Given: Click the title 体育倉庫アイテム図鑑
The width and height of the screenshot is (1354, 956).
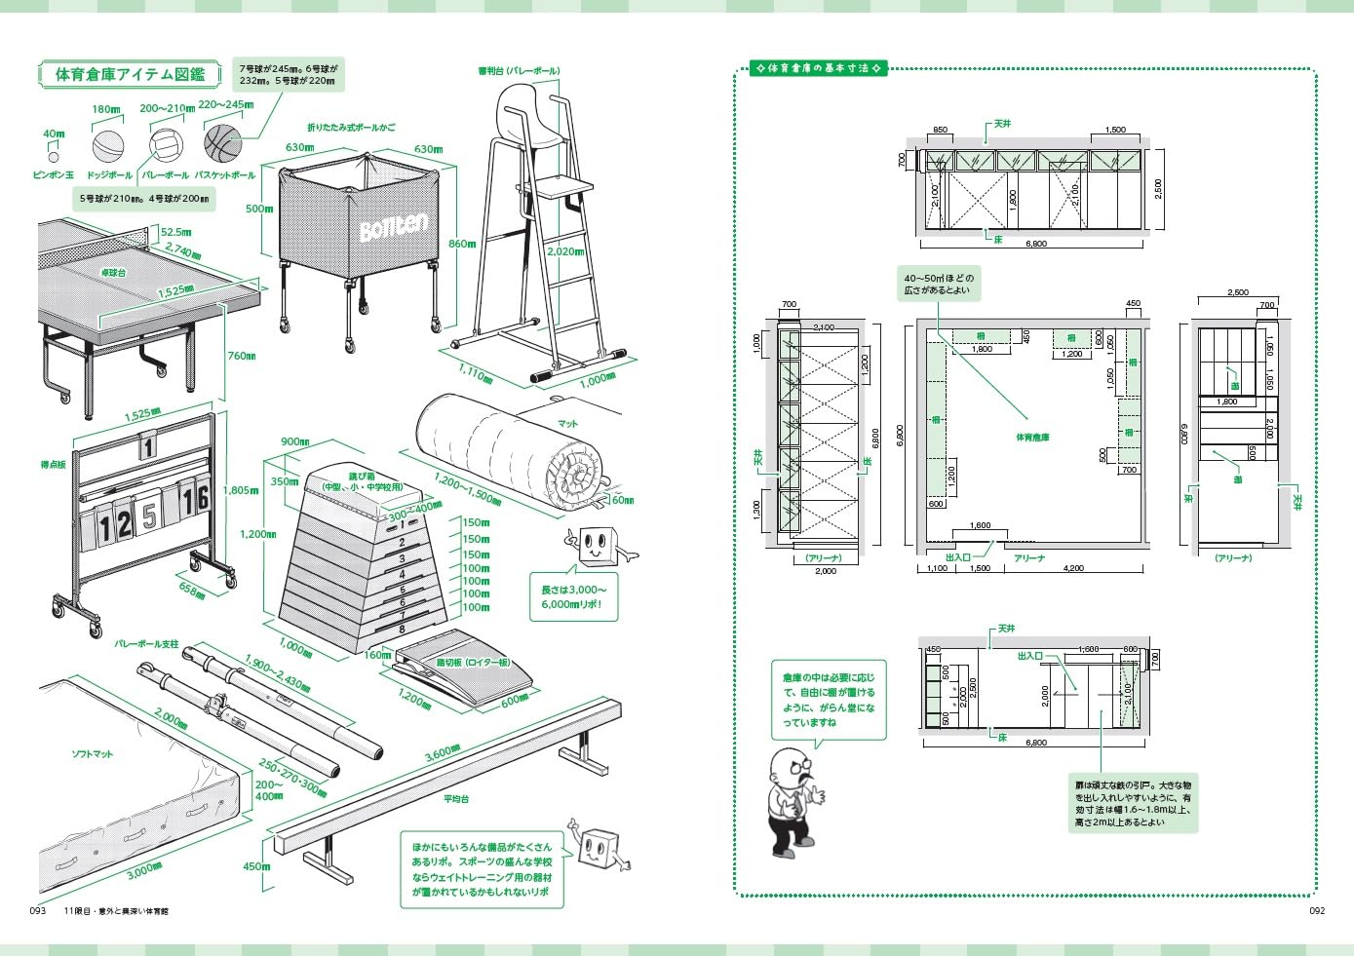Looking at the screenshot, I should [130, 74].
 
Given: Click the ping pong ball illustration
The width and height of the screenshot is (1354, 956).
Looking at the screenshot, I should [54, 156].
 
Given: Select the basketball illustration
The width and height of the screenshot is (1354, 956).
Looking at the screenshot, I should [222, 142].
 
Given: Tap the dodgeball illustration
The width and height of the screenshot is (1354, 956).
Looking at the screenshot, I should [108, 146].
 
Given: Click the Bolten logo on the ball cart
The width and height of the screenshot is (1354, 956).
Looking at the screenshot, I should [393, 228].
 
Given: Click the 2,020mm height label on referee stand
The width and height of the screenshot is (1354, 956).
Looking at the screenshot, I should [565, 251].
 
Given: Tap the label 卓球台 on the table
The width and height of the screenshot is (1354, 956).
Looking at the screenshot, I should [114, 273].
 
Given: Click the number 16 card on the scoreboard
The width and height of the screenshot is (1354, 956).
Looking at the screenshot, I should [196, 498].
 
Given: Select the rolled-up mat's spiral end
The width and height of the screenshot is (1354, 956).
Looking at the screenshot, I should [576, 476].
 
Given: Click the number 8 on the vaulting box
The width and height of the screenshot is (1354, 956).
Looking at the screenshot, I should [401, 630].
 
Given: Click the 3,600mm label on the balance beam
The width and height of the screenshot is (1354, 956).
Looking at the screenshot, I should [443, 753].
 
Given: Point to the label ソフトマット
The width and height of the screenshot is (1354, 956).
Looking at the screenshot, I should [92, 754].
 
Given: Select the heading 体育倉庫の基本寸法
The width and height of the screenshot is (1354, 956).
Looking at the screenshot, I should [819, 68].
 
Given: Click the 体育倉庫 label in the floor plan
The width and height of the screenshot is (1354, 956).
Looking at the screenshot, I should [1032, 438].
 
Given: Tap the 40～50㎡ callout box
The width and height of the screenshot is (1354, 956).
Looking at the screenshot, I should [938, 284].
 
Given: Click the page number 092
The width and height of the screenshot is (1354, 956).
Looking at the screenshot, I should [1316, 911].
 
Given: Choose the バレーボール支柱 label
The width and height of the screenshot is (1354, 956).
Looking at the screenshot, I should [146, 644].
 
